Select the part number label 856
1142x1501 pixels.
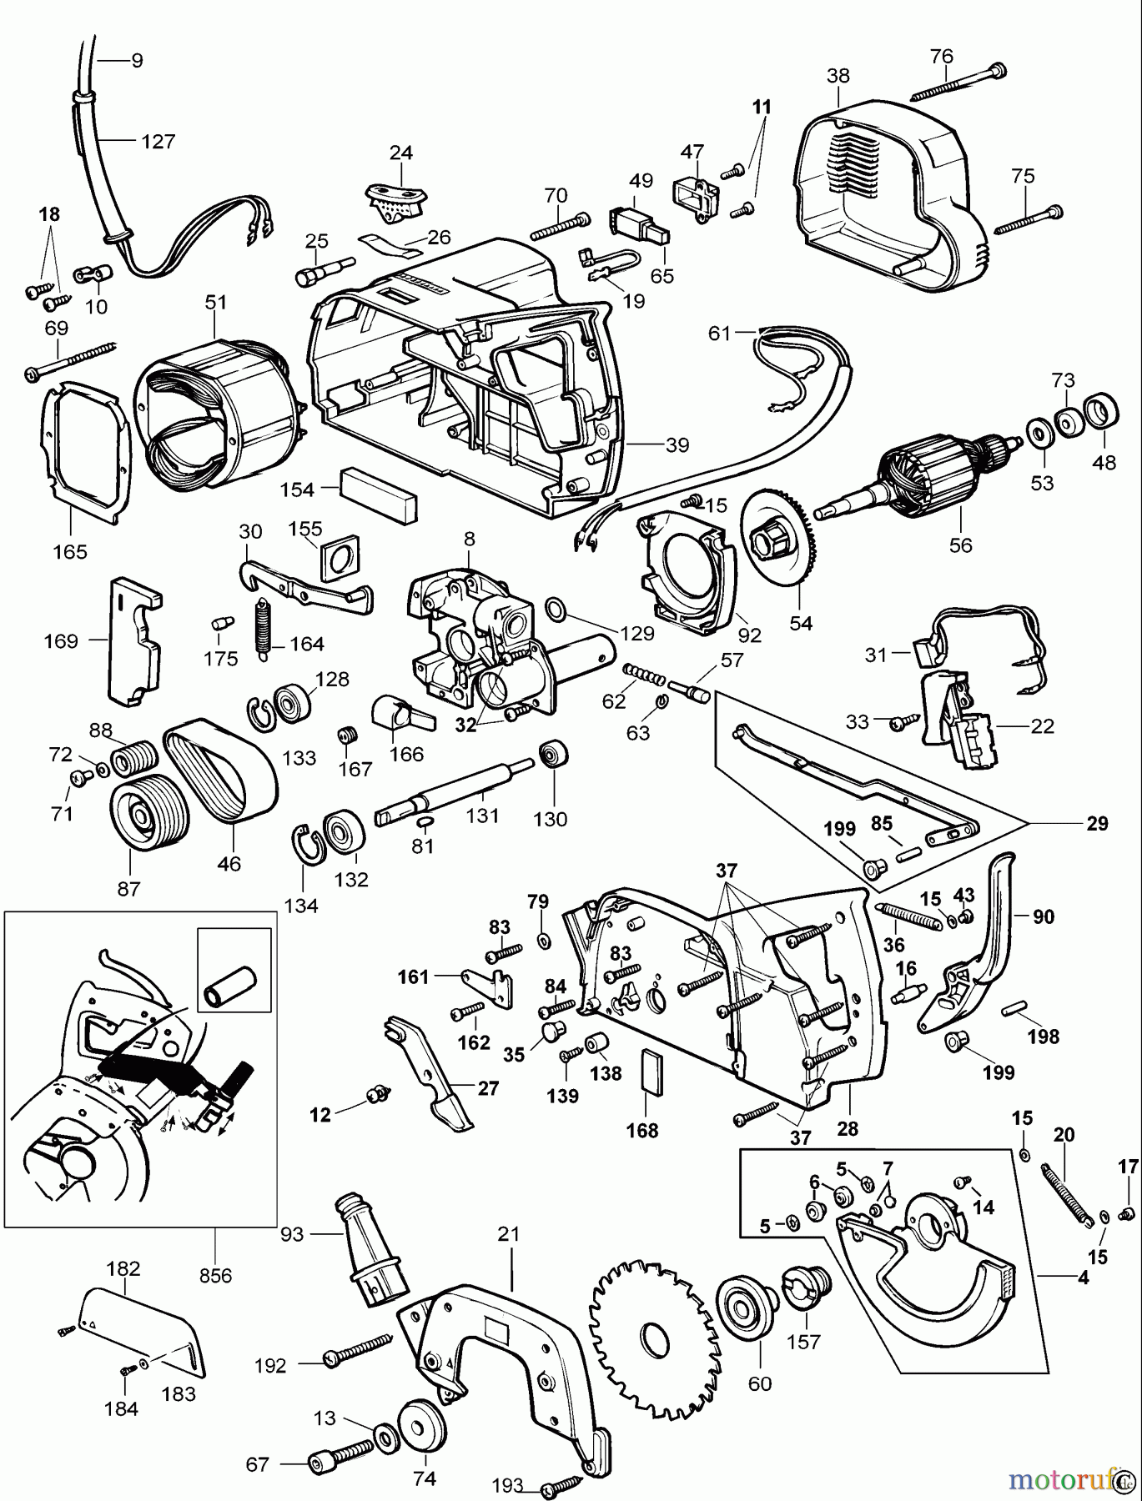214,1275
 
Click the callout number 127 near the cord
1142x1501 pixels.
158,141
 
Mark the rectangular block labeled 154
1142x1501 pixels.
379,494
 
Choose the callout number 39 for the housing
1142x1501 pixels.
677,445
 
